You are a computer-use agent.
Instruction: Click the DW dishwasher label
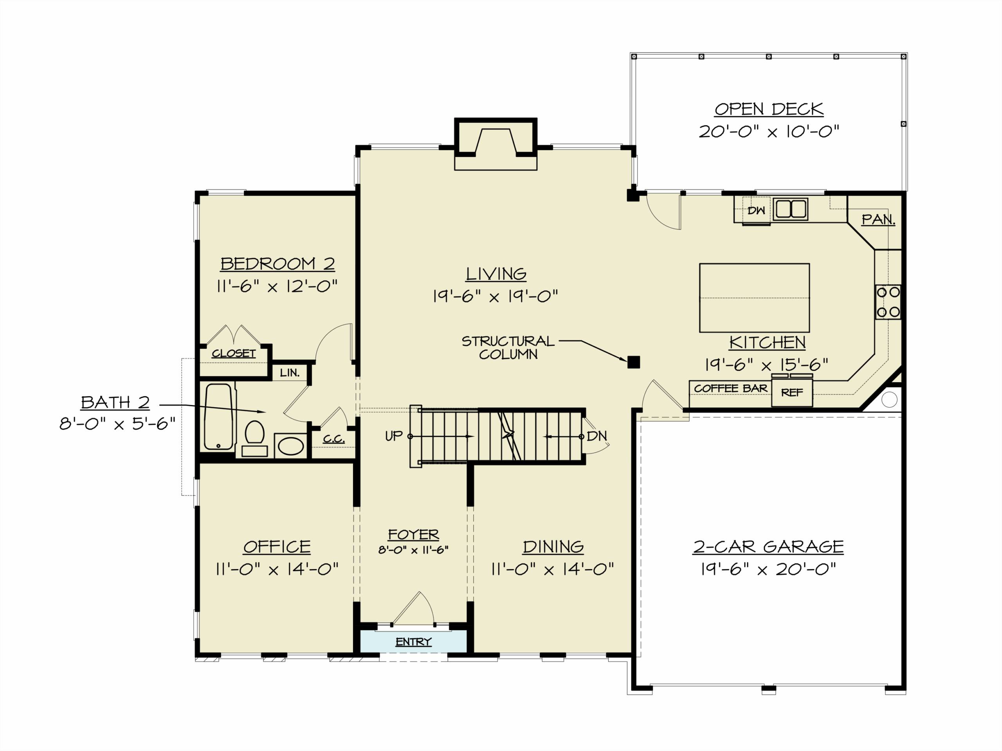[756, 210]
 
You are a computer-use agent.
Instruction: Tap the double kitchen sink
[791, 209]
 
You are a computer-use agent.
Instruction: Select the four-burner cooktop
[888, 302]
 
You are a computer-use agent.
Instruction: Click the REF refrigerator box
[792, 392]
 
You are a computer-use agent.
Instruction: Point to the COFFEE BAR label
[731, 388]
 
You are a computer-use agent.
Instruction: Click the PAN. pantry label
[878, 219]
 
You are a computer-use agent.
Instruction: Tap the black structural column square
[633, 362]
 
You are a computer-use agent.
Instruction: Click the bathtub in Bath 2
[218, 417]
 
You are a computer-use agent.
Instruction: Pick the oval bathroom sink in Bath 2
[291, 446]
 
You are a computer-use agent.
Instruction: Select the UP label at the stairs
[394, 436]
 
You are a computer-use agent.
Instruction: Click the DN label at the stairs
[597, 436]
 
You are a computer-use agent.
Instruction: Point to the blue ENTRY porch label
[413, 641]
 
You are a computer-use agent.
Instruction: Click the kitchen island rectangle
[754, 298]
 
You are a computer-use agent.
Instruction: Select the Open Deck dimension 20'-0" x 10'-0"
[769, 132]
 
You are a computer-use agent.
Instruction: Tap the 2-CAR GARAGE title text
[768, 547]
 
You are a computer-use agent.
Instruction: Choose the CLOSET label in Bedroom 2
[234, 354]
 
